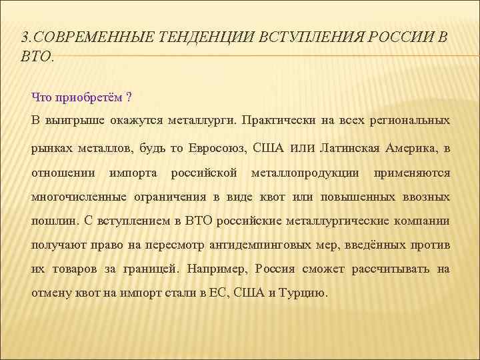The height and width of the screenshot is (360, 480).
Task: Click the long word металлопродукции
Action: point(305,173)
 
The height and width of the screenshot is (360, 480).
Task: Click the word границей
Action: point(153,270)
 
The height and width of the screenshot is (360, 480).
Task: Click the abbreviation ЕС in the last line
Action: point(218,294)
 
